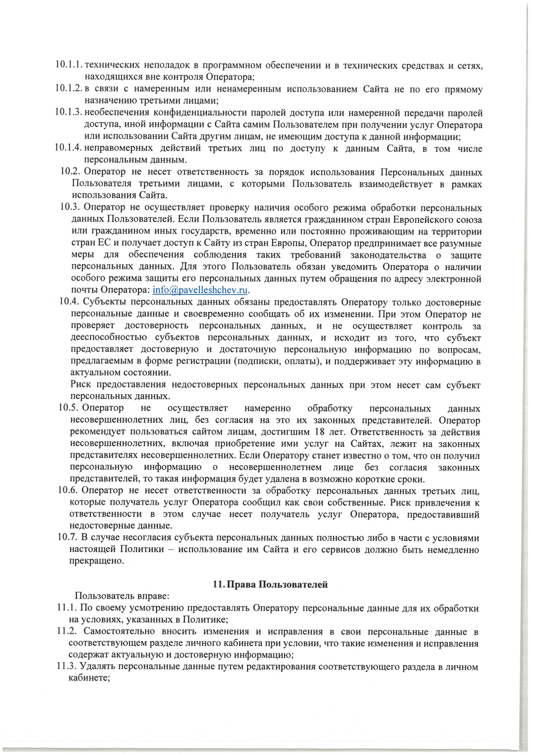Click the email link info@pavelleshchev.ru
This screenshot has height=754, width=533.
(200, 291)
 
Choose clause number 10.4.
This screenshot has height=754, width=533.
(69, 302)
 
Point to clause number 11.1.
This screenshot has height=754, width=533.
(67, 608)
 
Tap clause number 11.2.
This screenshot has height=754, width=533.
(67, 631)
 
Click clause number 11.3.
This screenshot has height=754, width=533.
(67, 667)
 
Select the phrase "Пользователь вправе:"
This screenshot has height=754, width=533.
(122, 596)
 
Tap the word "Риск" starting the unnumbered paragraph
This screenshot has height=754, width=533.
(80, 385)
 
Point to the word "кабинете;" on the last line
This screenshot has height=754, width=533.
(89, 678)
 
